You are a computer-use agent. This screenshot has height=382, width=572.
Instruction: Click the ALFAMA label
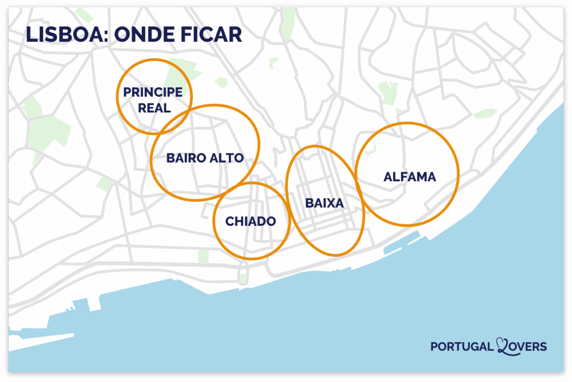tap(409, 177)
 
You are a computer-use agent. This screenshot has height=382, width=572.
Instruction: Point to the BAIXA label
tap(324, 204)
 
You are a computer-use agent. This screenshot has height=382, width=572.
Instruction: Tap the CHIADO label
tap(250, 221)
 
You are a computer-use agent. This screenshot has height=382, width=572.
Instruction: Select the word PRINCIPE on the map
tap(152, 92)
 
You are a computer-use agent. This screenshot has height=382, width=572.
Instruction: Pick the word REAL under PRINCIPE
tap(154, 108)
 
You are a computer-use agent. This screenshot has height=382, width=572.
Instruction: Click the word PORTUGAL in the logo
tap(461, 347)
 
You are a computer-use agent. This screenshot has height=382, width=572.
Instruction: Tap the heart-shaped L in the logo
tap(503, 347)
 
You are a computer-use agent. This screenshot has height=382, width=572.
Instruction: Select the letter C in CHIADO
tap(230, 221)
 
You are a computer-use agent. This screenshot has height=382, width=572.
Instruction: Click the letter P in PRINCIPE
tap(127, 92)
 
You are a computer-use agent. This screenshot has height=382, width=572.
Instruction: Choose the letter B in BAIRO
tap(170, 158)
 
